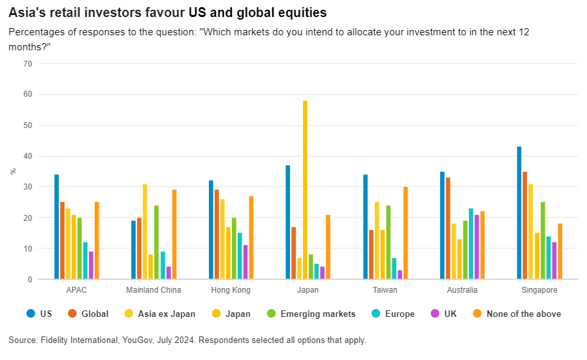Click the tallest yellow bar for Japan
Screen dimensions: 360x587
(x=305, y=189)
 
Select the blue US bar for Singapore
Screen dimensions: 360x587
(x=519, y=213)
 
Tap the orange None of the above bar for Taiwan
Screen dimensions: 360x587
(x=405, y=233)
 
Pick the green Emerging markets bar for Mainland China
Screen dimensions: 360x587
(x=157, y=242)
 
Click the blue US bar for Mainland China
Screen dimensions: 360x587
(x=133, y=250)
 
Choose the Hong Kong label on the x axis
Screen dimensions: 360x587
(x=230, y=290)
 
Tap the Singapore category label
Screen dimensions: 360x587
(x=539, y=290)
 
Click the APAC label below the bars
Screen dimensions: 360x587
(x=76, y=290)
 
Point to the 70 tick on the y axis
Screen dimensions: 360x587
(x=27, y=63)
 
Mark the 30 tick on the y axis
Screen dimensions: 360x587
(x=27, y=187)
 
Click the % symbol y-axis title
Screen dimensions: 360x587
(x=12, y=171)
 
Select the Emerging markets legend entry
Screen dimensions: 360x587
(x=317, y=314)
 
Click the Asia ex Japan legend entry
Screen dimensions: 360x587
(x=167, y=314)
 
